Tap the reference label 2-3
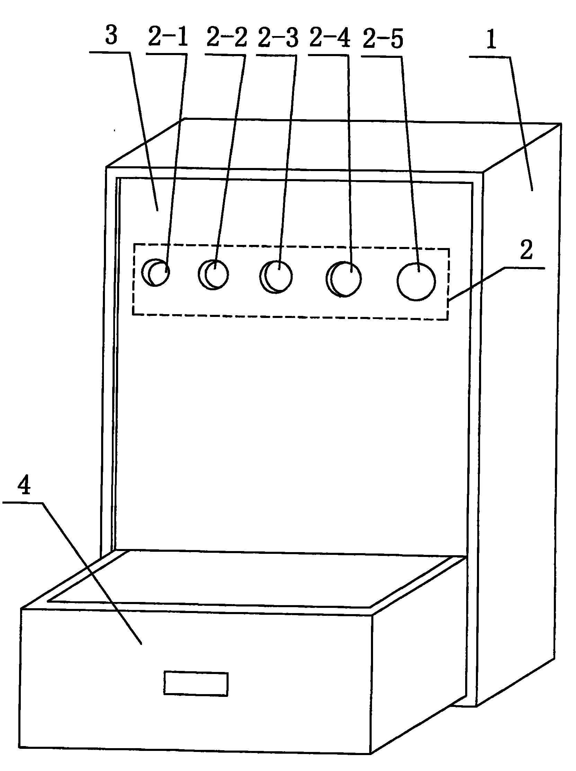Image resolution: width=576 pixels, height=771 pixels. point(278,38)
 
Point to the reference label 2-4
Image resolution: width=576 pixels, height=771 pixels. point(329,38)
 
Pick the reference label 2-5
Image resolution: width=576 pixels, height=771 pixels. point(383,39)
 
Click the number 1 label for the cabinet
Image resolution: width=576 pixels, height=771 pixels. point(491,41)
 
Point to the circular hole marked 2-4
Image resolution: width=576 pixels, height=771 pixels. point(344,279)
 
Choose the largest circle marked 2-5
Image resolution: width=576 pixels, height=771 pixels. point(416,282)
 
